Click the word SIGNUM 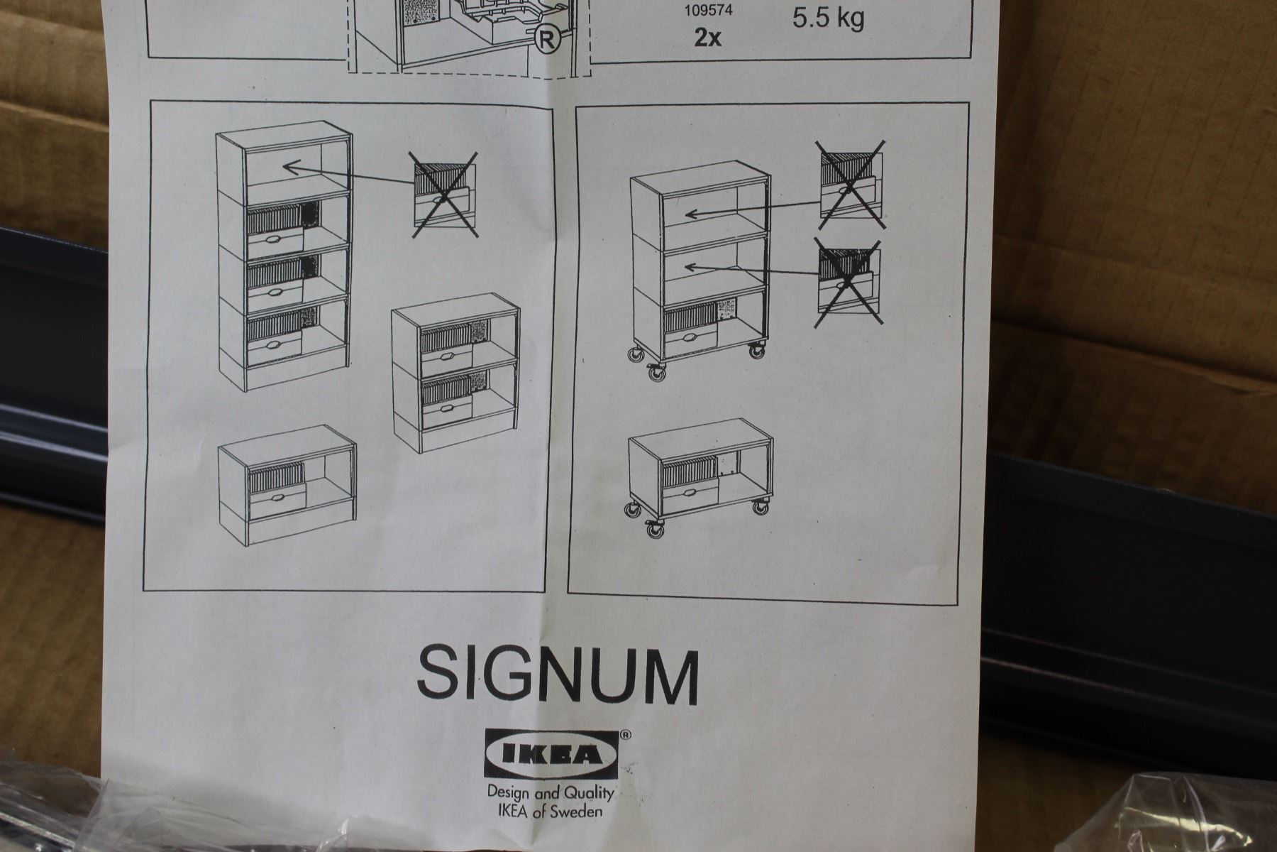click(x=558, y=670)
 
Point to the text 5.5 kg click(x=828, y=18)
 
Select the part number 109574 click(x=707, y=11)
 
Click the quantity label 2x click(x=707, y=38)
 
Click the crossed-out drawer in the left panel click(x=444, y=194)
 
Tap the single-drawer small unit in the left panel click(x=287, y=483)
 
